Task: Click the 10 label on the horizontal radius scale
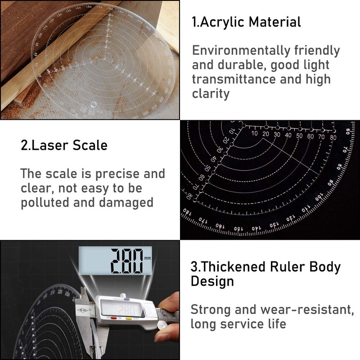(255, 134)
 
